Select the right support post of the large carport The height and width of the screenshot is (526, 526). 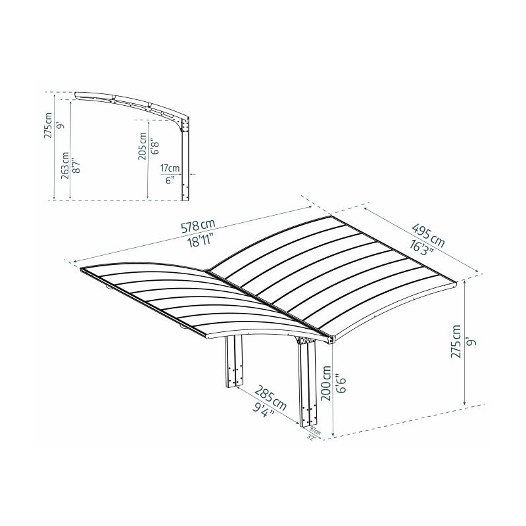308,385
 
